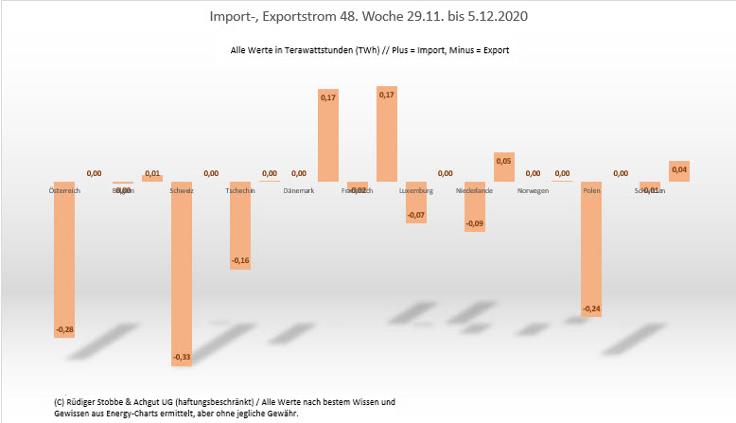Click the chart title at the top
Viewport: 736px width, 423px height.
[367, 17]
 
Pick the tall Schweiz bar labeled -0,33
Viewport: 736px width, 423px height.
[182, 270]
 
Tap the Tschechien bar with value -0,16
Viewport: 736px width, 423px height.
[240, 225]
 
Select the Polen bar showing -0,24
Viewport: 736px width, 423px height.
[591, 248]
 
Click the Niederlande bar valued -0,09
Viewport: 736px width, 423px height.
[475, 206]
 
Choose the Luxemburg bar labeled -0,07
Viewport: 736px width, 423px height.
[416, 202]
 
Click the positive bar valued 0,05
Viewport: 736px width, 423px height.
[504, 167]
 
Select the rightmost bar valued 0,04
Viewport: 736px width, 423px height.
[679, 171]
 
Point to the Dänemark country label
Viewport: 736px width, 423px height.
[299, 191]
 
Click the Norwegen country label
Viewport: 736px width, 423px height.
[534, 191]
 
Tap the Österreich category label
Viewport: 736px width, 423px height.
[64, 191]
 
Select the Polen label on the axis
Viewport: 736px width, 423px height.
[592, 191]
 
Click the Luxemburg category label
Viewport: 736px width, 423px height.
[416, 191]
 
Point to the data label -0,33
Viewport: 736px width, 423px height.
[182, 357]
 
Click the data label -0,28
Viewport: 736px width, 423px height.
[64, 329]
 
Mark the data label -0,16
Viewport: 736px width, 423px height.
[240, 260]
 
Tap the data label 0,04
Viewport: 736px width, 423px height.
[679, 167]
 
